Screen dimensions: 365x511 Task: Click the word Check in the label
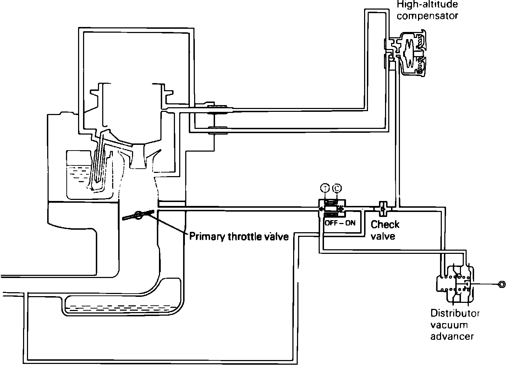(x=385, y=224)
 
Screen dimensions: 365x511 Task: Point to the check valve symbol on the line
(x=383, y=208)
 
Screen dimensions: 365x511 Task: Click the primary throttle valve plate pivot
(x=138, y=214)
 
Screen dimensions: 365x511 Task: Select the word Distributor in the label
(x=455, y=313)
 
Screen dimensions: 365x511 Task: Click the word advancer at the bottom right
(x=452, y=336)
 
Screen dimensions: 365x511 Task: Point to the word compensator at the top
(x=427, y=16)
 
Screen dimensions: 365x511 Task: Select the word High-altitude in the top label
(x=427, y=5)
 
